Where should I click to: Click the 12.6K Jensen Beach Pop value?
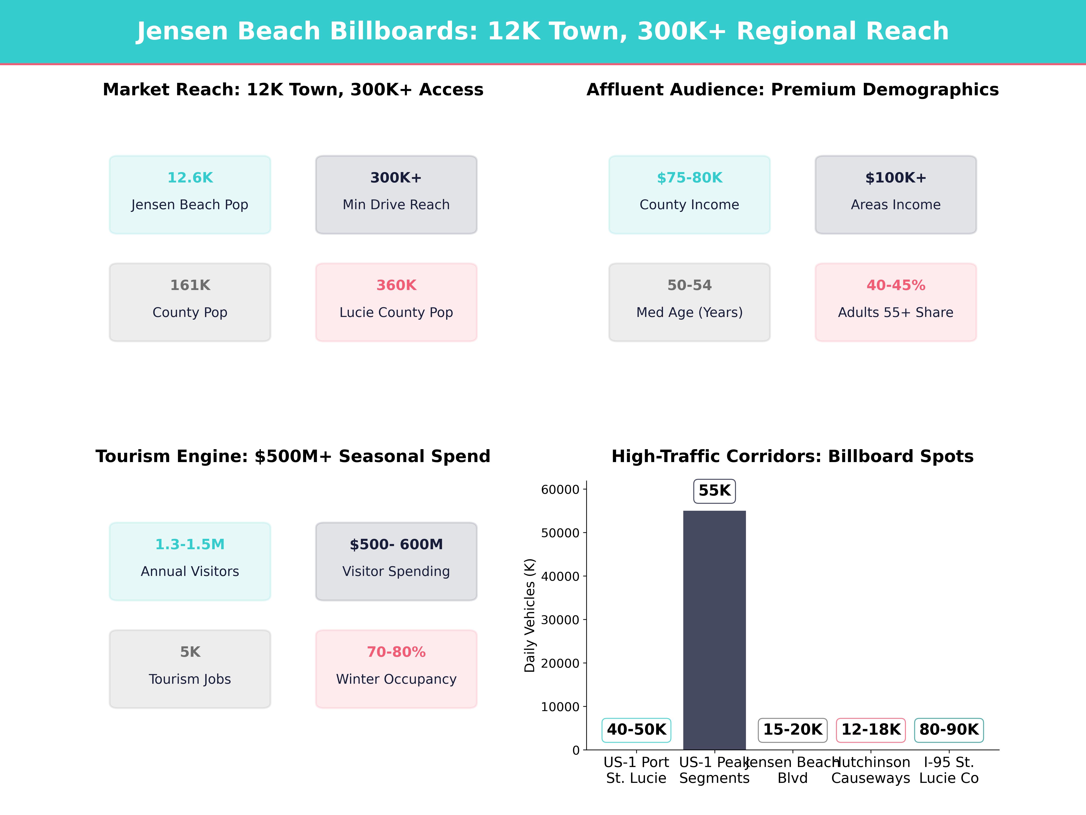point(190,178)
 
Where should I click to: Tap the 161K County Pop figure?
point(190,285)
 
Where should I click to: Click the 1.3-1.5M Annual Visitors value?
point(190,544)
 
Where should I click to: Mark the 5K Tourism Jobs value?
point(190,652)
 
